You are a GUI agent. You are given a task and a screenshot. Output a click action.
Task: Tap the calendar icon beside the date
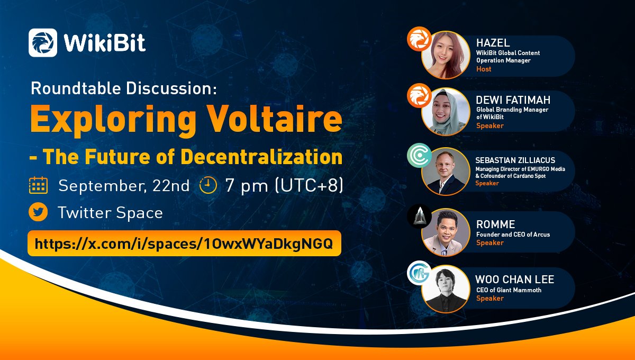(x=39, y=186)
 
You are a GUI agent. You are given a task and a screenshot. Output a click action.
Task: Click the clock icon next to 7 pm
(x=208, y=186)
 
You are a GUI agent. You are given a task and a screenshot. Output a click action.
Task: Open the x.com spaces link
(x=184, y=244)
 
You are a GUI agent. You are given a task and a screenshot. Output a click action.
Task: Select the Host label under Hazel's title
(x=484, y=69)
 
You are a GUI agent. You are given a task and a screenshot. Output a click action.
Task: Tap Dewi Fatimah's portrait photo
(x=443, y=112)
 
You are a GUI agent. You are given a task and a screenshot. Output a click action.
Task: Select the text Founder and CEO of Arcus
(x=513, y=234)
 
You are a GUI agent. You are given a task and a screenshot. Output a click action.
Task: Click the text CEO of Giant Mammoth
(x=509, y=290)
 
